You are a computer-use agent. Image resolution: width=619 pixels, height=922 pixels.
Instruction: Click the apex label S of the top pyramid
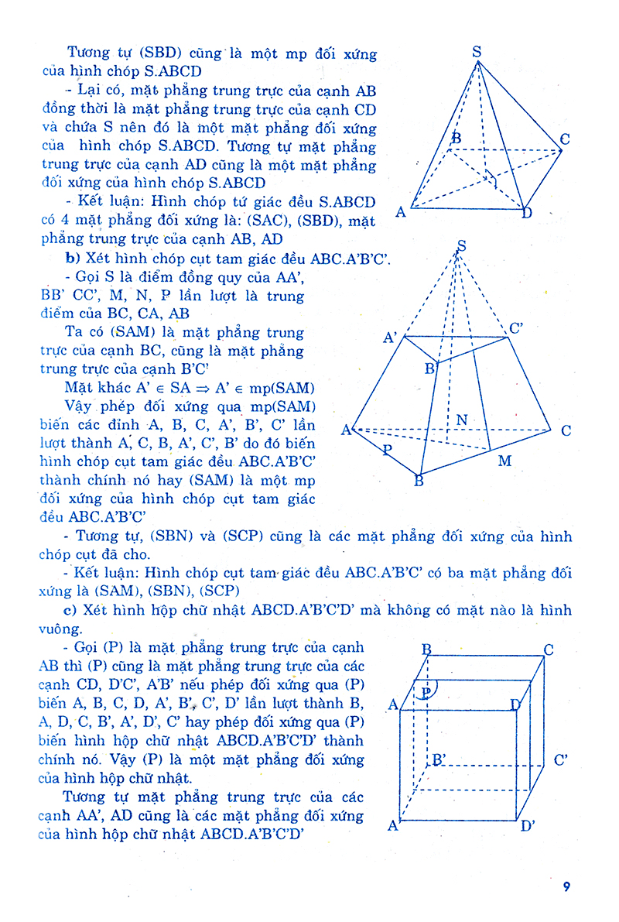pos(477,52)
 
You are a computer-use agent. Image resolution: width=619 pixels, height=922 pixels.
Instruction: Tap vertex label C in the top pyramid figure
pos(565,139)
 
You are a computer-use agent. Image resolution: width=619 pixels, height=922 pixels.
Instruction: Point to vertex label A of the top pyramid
pos(401,211)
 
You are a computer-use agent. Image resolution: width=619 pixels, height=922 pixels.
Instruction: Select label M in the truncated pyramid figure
pos(504,461)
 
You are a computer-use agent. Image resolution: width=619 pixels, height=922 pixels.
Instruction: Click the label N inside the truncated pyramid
pos(461,420)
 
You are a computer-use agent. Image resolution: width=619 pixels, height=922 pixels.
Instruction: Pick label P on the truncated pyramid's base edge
pos(387,449)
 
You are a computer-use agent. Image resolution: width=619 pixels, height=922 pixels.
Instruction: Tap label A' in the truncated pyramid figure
pos(390,338)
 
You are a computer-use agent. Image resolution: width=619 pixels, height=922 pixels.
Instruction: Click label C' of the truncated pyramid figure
pos(517,328)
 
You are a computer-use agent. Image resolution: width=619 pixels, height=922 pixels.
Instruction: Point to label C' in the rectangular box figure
pos(562,760)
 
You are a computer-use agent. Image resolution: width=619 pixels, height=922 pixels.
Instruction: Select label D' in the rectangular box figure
pos(528,827)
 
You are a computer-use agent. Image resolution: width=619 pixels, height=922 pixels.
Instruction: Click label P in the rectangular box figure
pos(425,691)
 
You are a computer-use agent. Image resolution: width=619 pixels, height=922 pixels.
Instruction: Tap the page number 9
pos(566,886)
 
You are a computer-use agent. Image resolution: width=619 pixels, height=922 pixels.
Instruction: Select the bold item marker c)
pos(72,611)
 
